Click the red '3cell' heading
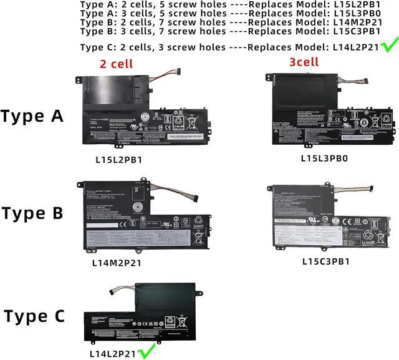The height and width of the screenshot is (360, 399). point(304,62)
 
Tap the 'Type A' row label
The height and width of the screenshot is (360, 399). point(32,117)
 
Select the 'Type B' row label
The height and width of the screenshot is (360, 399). point(32,213)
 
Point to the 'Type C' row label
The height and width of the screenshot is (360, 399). point(32,316)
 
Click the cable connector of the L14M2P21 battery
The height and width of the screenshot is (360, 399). point(192,198)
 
